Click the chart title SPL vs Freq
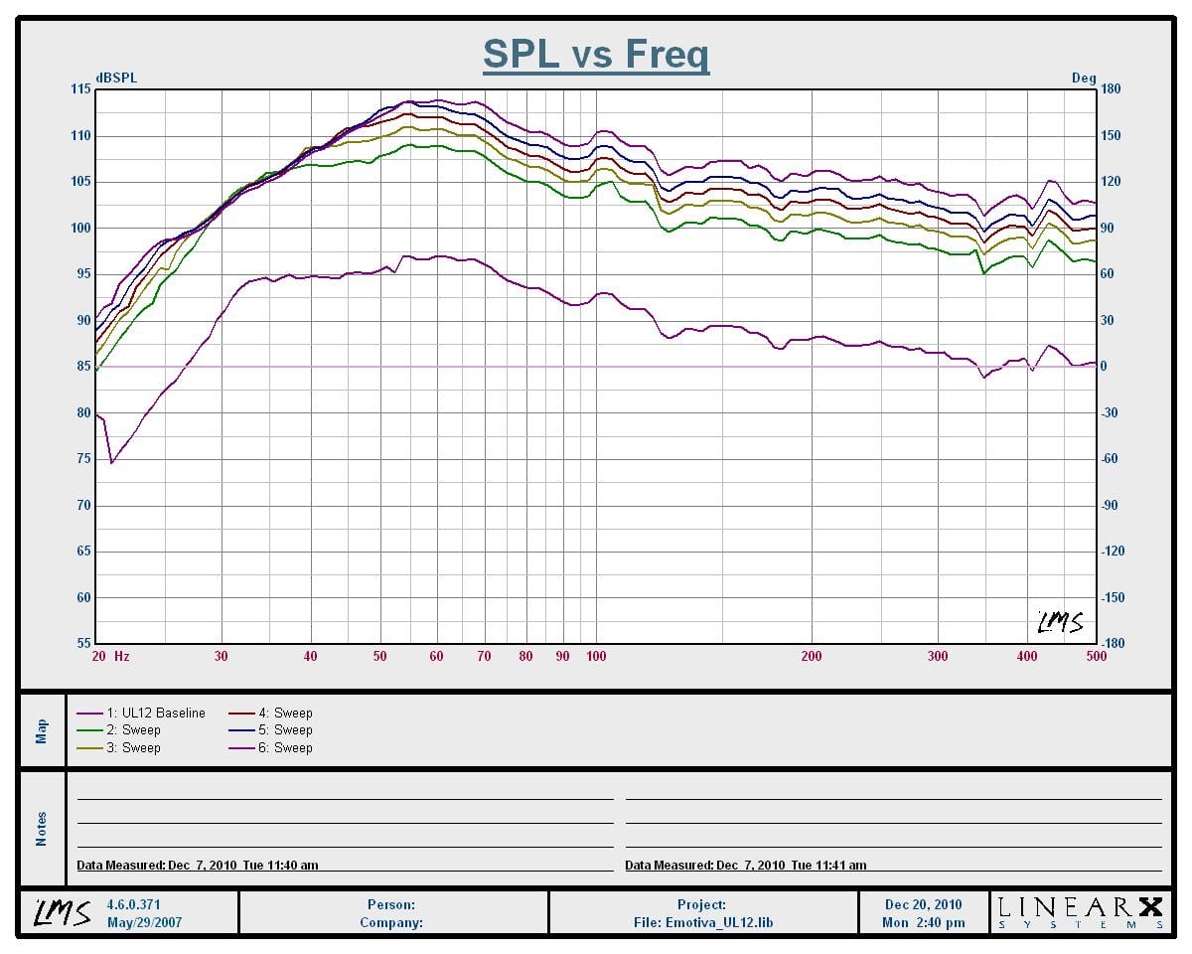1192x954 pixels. pos(596,54)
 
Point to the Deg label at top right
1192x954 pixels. pos(1084,79)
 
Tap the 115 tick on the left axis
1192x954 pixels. pos(79,89)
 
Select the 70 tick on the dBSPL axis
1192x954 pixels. pos(81,506)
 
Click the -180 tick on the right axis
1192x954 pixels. pos(1114,644)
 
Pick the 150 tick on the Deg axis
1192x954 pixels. pos(1111,136)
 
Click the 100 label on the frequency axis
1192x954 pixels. pos(596,657)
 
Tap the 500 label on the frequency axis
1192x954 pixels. pos(1096,657)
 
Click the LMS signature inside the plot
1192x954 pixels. pos(1060,623)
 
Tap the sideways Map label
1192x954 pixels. pos(42,731)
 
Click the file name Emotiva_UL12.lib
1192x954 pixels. pos(703,922)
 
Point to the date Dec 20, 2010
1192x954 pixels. pos(923,905)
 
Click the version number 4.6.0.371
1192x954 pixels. pos(133,905)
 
